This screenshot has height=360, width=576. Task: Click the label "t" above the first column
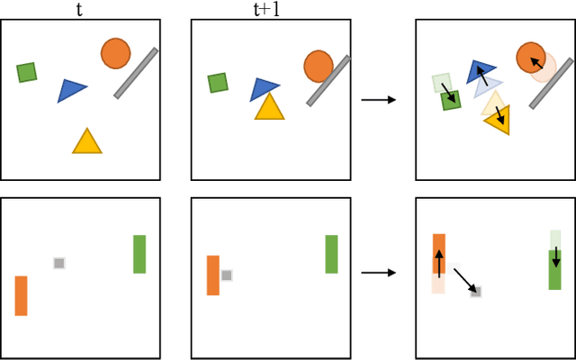[x=80, y=9]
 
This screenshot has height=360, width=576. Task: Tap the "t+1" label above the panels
[x=263, y=9]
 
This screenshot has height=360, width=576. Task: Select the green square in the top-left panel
[x=27, y=72]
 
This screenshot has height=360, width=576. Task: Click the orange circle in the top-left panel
[x=115, y=53]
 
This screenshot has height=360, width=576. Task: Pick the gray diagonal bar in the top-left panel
[x=136, y=73]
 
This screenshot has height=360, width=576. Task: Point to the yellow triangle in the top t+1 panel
[x=269, y=107]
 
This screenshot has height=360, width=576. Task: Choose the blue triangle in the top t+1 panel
[x=264, y=88]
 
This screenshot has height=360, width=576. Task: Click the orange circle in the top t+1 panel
[x=319, y=66]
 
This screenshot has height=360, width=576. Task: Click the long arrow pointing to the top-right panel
[x=378, y=99]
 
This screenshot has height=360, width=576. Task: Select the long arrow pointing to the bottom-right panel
[x=378, y=272]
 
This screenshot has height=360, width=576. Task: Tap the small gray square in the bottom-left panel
[x=59, y=263]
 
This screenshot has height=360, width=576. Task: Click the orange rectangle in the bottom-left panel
[x=21, y=295]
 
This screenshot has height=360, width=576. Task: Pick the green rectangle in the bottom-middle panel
[x=331, y=254]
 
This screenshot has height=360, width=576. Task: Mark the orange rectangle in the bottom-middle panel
[x=213, y=275]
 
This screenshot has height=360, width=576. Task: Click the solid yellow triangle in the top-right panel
[x=499, y=120]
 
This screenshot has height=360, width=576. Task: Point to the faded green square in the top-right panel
[x=441, y=83]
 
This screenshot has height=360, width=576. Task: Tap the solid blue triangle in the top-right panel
[x=480, y=70]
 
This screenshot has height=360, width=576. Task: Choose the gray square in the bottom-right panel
[x=476, y=292]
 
